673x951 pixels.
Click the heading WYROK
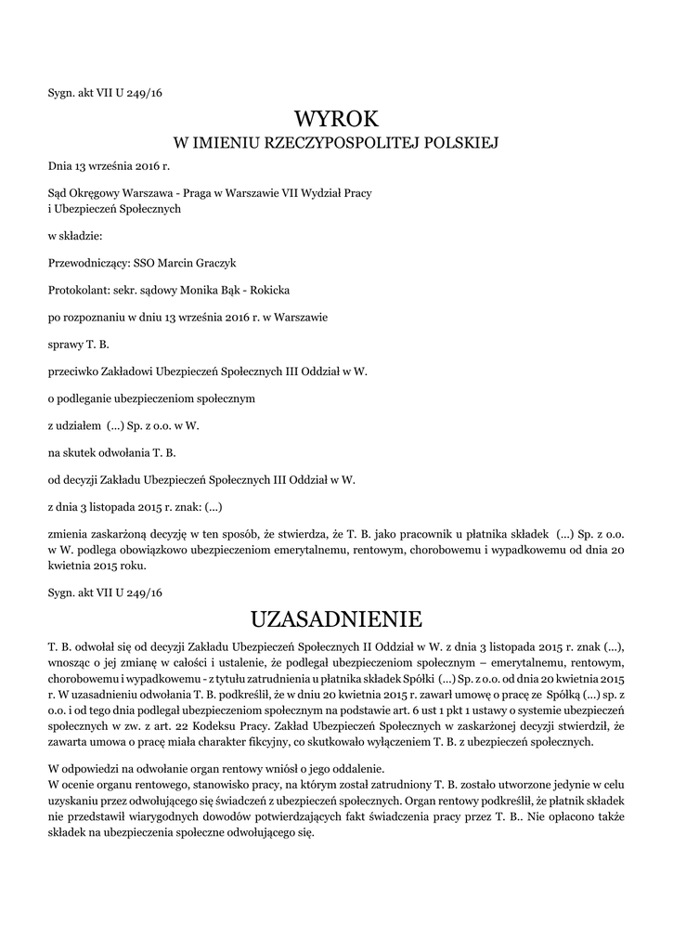pos(336,119)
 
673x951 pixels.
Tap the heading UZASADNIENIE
pos(336,619)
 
